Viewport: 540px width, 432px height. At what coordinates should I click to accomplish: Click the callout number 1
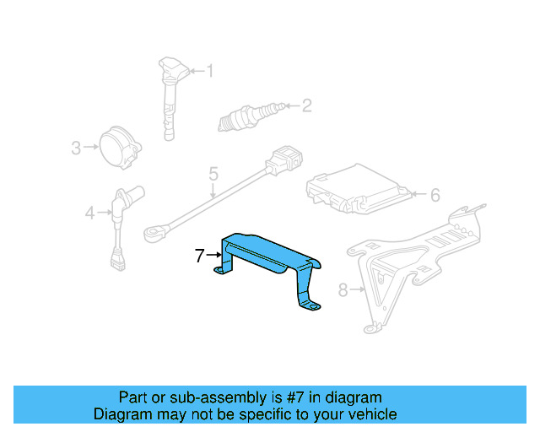coord(210,72)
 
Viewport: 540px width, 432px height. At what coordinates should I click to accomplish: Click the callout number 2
coord(306,105)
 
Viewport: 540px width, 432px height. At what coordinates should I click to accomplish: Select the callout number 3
coord(76,148)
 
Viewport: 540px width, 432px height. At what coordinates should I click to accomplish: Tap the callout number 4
coord(90,213)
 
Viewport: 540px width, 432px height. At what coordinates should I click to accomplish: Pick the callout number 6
coord(435,196)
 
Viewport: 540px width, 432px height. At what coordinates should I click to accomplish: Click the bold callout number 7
coord(200,255)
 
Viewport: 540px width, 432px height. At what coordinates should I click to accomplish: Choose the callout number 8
coord(343,291)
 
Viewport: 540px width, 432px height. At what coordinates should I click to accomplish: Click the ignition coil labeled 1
coord(170,93)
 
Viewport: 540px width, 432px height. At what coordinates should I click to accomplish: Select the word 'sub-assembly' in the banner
coord(194,397)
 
